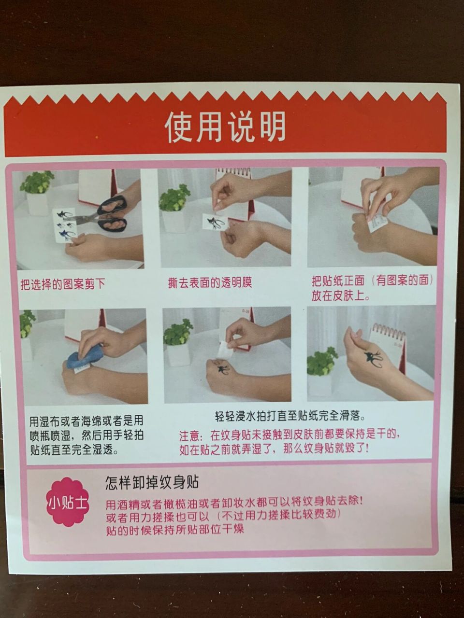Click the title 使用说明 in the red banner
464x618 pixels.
225,127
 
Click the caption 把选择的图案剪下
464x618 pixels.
62,284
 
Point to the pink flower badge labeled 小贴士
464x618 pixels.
68,502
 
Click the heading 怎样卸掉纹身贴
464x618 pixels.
152,482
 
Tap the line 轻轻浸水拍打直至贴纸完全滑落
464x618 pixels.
290,416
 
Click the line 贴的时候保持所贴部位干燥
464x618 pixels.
175,529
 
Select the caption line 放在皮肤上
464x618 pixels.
341,296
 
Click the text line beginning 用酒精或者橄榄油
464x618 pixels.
234,502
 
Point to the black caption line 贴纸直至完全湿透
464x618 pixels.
74,450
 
